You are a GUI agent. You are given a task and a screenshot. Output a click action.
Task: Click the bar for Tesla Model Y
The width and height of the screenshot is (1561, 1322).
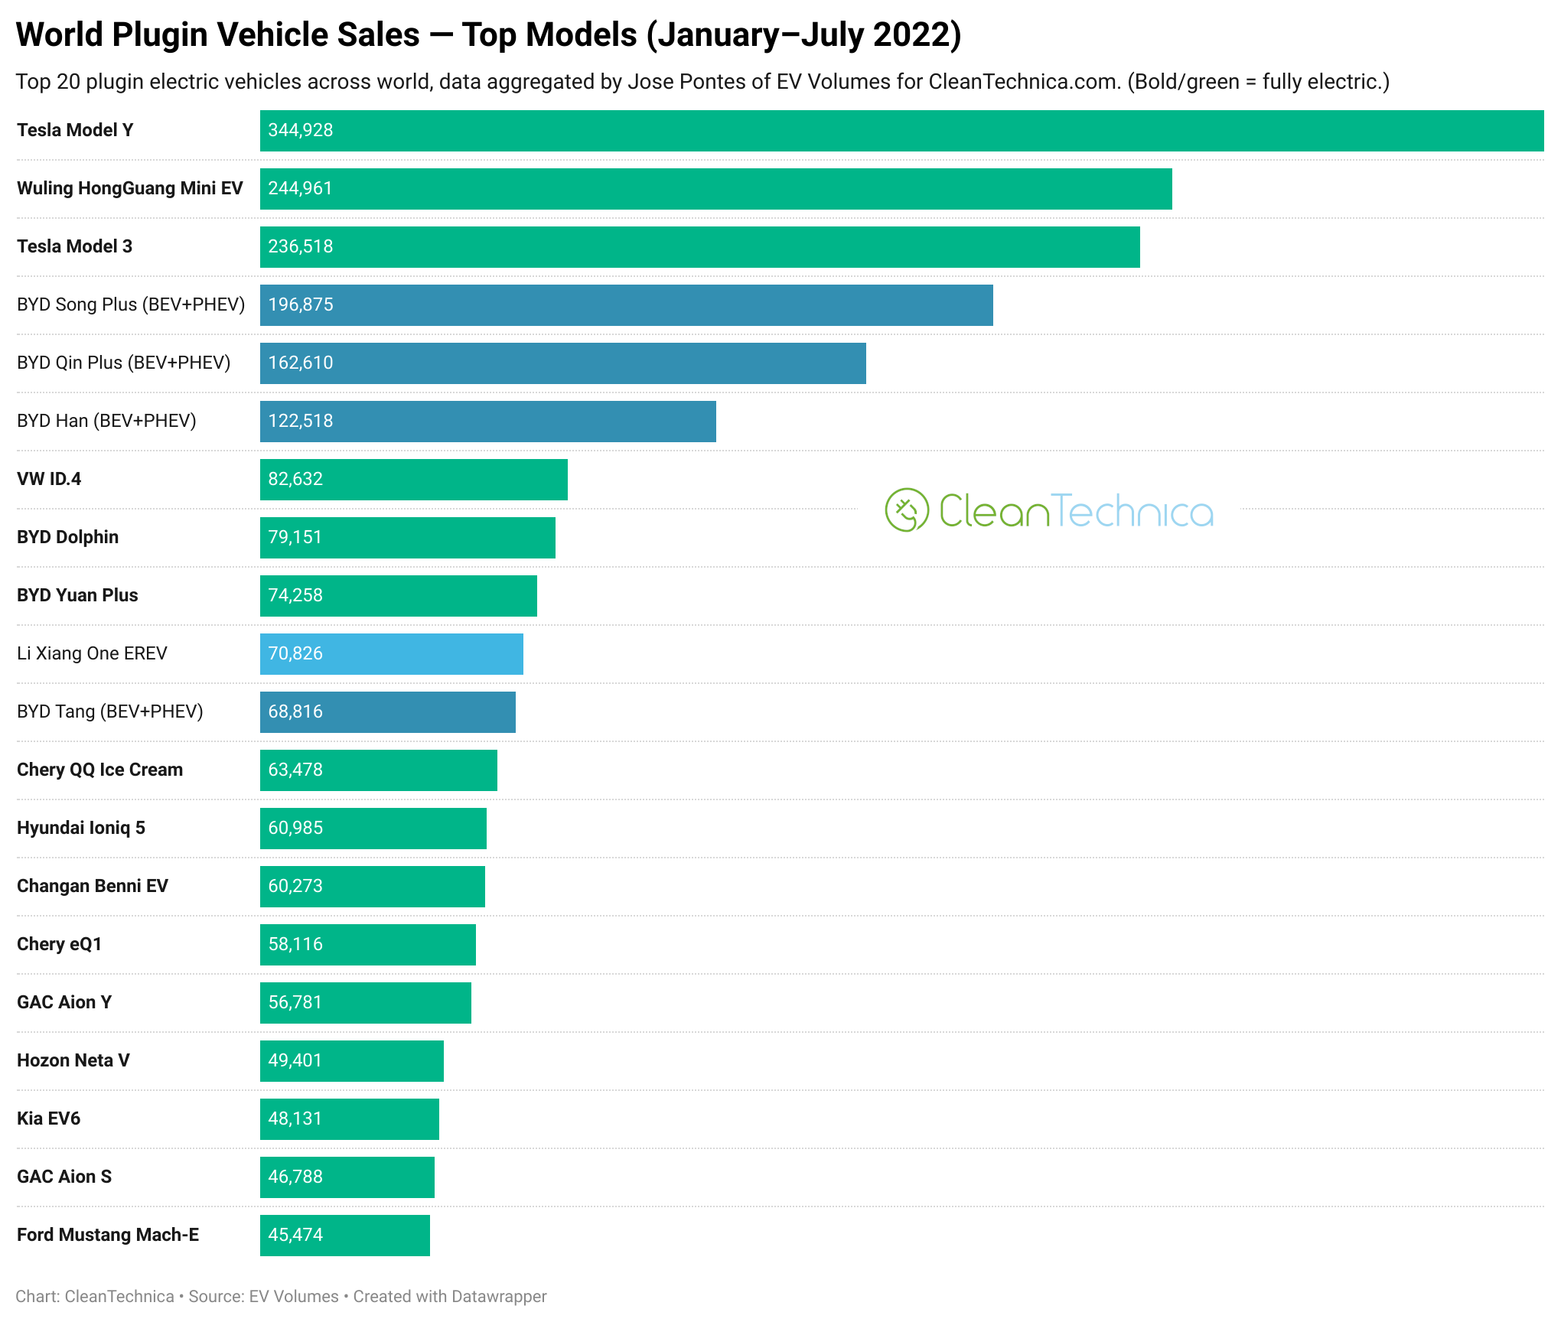pos(901,131)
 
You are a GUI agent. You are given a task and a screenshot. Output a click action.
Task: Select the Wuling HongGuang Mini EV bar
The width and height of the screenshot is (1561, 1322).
pos(716,189)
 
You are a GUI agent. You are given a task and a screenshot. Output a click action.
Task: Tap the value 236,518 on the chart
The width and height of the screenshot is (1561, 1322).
pos(301,246)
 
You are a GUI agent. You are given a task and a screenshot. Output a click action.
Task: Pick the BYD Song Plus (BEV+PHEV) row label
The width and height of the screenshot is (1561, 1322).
pos(131,304)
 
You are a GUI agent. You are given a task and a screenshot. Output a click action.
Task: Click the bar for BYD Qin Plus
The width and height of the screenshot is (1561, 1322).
pos(563,363)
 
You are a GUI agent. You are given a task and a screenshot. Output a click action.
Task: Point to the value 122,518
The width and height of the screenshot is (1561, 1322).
pos(301,421)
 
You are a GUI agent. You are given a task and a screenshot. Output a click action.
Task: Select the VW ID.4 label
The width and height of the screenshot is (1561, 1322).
pos(49,479)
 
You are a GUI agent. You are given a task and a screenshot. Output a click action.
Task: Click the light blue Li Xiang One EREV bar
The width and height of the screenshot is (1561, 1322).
pos(392,654)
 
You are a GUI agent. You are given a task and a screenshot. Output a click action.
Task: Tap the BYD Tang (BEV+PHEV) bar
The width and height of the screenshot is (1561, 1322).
pos(388,712)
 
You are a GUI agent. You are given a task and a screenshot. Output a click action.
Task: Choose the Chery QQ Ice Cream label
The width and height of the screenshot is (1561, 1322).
pos(100,770)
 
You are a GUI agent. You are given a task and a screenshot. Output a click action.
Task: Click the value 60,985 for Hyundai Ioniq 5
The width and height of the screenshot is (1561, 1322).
pos(295,828)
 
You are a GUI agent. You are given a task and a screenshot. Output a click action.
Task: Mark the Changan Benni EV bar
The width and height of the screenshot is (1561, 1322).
pos(373,887)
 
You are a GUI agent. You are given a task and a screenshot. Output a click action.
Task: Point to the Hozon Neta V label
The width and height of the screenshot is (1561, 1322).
pos(73,1060)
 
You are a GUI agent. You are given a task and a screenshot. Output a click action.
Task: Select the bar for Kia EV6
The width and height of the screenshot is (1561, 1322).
pos(350,1119)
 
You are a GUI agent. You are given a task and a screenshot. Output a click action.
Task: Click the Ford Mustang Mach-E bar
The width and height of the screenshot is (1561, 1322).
pos(345,1236)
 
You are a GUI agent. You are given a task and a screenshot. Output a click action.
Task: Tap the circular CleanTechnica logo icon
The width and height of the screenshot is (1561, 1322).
pos(907,510)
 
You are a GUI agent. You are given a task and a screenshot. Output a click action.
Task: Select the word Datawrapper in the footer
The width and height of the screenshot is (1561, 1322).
pos(499,1297)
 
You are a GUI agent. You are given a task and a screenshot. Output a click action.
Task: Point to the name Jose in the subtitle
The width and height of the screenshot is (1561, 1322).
pos(647,82)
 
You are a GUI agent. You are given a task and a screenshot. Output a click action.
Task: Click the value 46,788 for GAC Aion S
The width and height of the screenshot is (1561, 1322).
pos(295,1177)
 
